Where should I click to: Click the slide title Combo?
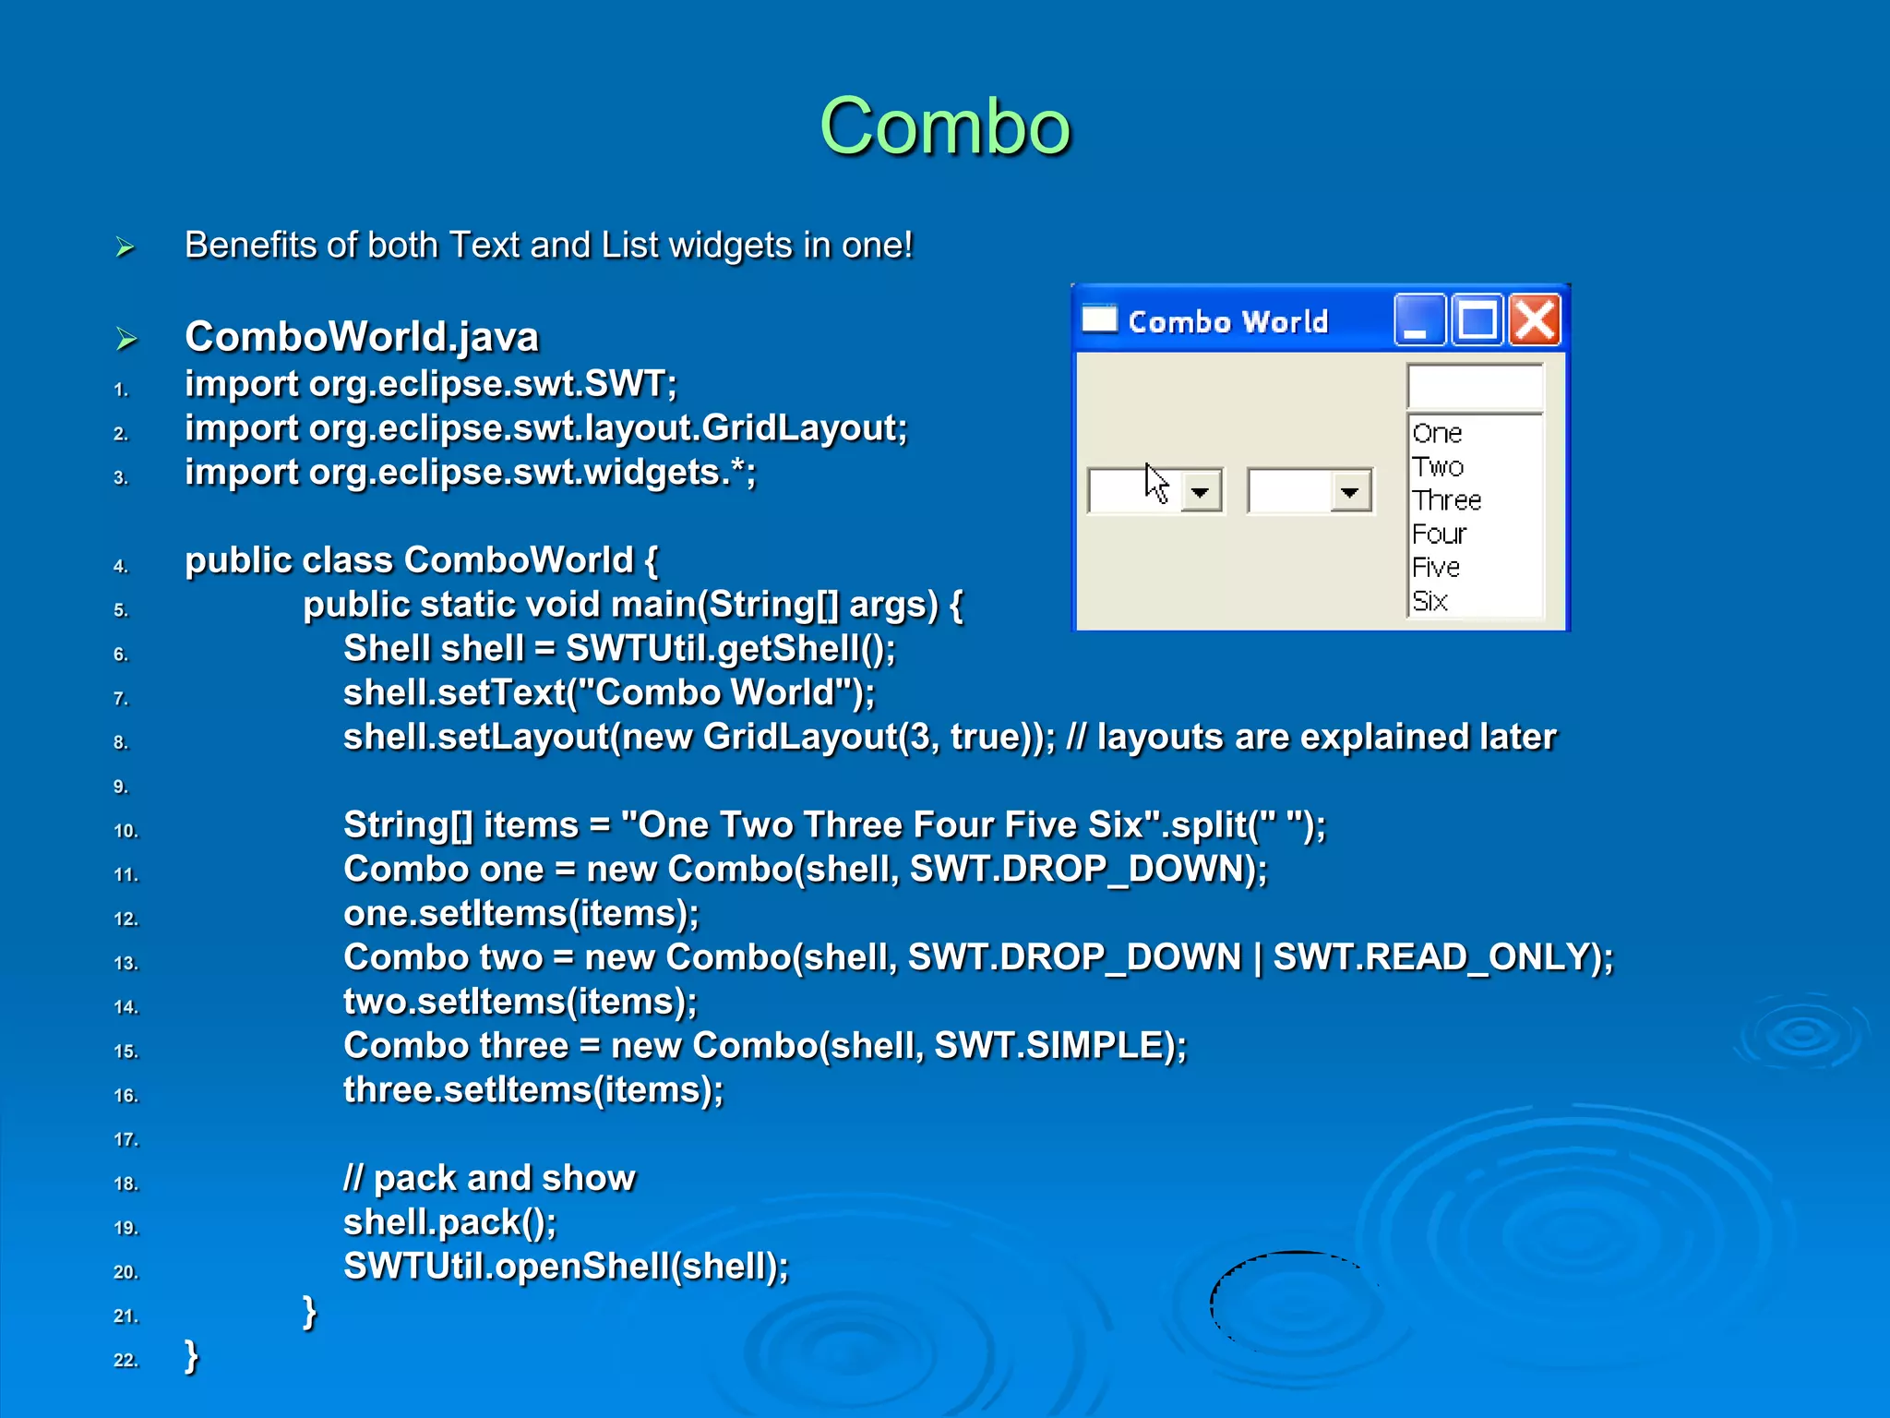pos(944,126)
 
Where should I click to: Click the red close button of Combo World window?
pos(1534,320)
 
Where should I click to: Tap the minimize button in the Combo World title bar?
pos(1418,320)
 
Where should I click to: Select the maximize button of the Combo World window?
pos(1477,320)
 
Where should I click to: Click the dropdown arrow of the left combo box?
pos(1200,491)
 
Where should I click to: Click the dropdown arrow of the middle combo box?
pos(1350,491)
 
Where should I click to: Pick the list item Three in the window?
pos(1446,500)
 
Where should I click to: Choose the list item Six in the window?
pos(1429,601)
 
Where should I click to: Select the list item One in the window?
pos(1437,433)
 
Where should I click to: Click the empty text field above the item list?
pos(1474,386)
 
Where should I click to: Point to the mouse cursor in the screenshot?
pos(1155,482)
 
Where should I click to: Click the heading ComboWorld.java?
pos(361,337)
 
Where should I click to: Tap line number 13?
pos(126,963)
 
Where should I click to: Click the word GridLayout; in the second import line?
pos(804,428)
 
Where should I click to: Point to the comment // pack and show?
pos(489,1178)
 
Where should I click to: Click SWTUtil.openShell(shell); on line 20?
pos(566,1267)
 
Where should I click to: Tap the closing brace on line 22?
pos(191,1356)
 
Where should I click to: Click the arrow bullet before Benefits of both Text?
pos(126,247)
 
